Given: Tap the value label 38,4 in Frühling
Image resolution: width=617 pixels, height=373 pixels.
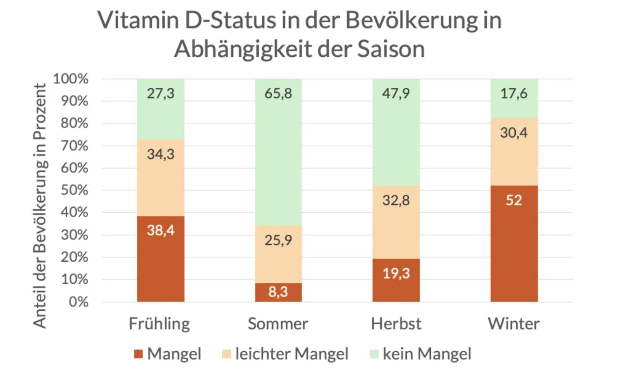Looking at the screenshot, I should pyautogui.click(x=161, y=230).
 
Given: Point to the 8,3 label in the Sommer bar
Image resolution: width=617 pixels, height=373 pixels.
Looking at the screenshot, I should pyautogui.click(x=278, y=292).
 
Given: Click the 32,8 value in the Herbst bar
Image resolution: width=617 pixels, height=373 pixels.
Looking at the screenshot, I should pyautogui.click(x=396, y=200).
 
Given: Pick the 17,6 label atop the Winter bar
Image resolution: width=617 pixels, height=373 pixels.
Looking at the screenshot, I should pyautogui.click(x=514, y=93).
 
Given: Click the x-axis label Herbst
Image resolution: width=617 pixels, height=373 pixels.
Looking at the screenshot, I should pyautogui.click(x=396, y=323).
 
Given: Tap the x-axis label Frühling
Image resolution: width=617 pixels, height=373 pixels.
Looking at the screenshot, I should pyautogui.click(x=160, y=323).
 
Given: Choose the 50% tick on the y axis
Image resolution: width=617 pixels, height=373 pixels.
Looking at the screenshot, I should pyautogui.click(x=76, y=190).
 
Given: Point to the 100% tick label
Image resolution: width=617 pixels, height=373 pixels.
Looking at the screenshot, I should pyautogui.click(x=71, y=79).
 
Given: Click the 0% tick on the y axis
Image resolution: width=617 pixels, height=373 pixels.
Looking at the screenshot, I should pyautogui.click(x=79, y=302).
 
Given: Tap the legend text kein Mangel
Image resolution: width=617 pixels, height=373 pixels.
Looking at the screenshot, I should pyautogui.click(x=427, y=355).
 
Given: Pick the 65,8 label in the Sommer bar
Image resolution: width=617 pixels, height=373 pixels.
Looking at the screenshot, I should pyautogui.click(x=278, y=93).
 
